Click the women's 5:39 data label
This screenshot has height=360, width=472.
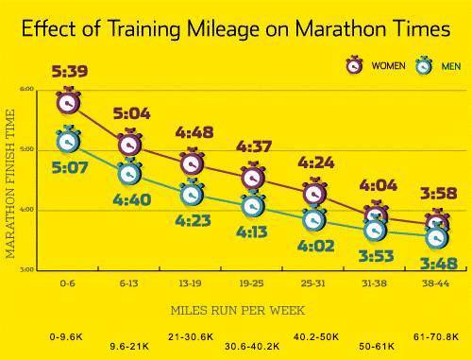(70, 71)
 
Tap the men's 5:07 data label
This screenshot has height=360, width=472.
(70, 167)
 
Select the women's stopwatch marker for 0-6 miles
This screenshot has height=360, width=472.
(68, 101)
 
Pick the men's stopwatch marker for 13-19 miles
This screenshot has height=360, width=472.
(192, 193)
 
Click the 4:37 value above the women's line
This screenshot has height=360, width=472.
(254, 146)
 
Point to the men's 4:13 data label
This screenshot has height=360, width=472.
(252, 232)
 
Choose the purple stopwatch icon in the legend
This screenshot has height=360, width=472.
(354, 65)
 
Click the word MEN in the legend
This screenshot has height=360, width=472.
(451, 66)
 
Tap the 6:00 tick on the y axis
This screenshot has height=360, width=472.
(26, 89)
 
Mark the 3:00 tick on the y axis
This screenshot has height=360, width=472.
(26, 269)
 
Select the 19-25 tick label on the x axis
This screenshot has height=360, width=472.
(251, 283)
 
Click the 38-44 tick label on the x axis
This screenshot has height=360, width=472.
(436, 283)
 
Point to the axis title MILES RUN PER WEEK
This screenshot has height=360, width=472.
(238, 311)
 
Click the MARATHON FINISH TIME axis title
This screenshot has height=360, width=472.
(10, 183)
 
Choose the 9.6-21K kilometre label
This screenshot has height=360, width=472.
(129, 347)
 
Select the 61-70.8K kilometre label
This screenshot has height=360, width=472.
(436, 336)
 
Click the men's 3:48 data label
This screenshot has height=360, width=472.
(439, 264)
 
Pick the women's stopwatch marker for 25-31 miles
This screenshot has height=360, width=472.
(314, 192)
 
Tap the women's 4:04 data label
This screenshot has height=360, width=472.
(378, 185)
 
